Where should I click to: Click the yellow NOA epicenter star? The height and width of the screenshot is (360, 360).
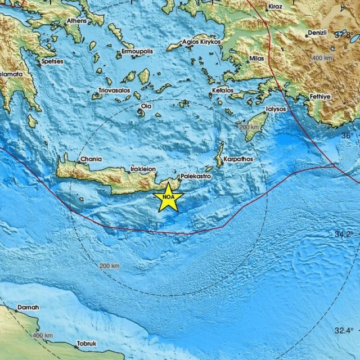(x=168, y=197)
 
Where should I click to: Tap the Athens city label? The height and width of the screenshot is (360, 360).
(x=76, y=21)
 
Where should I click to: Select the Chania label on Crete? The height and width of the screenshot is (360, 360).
(x=91, y=159)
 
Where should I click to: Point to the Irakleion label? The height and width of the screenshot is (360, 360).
(x=142, y=168)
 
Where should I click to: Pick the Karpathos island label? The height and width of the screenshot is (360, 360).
(x=238, y=159)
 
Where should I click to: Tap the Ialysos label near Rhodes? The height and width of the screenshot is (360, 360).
(x=274, y=109)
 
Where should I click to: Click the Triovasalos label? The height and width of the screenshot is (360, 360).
(x=115, y=90)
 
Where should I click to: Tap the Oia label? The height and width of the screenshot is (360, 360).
(x=146, y=106)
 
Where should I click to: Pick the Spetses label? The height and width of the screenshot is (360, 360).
(x=52, y=61)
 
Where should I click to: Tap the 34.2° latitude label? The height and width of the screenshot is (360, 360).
(x=343, y=234)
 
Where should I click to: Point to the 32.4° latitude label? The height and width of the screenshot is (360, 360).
(x=343, y=330)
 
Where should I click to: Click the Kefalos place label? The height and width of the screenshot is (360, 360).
(x=223, y=90)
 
